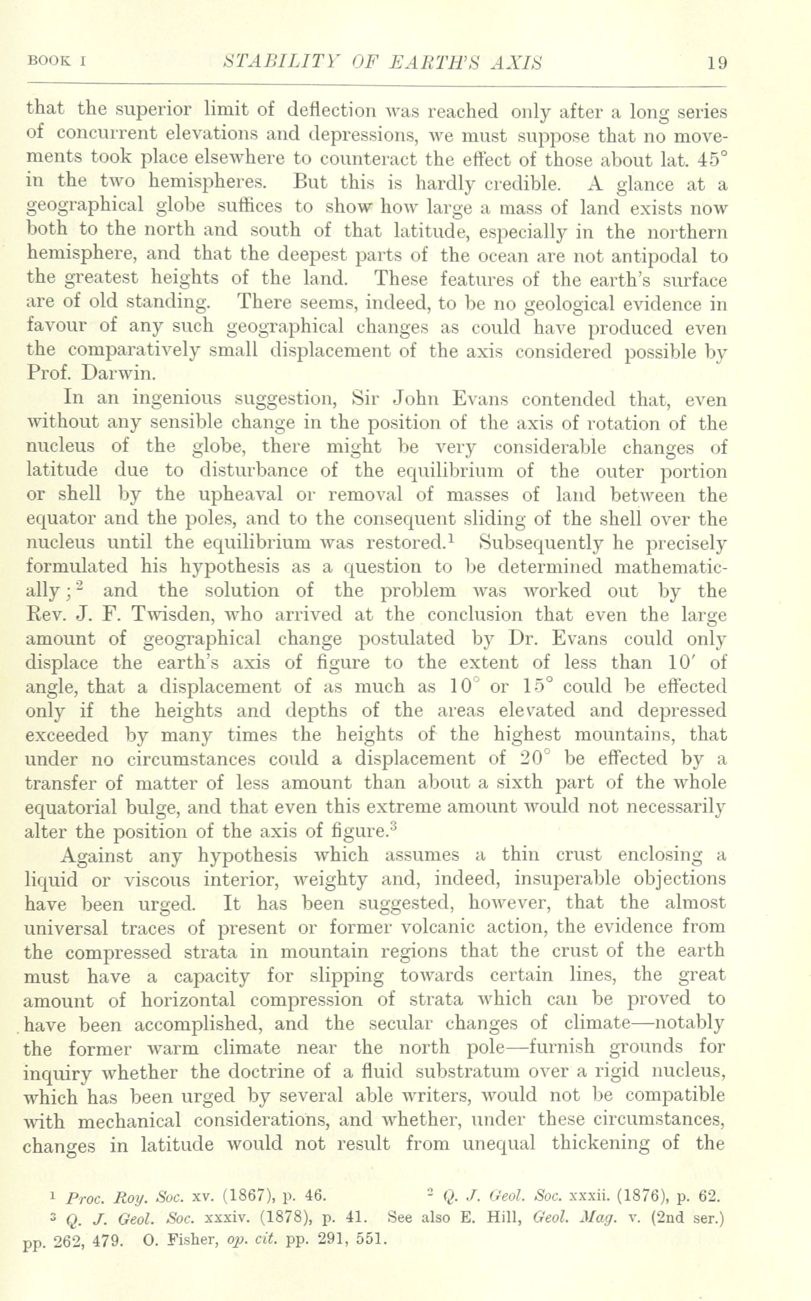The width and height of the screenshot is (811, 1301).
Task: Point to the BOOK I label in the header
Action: point(54,62)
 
